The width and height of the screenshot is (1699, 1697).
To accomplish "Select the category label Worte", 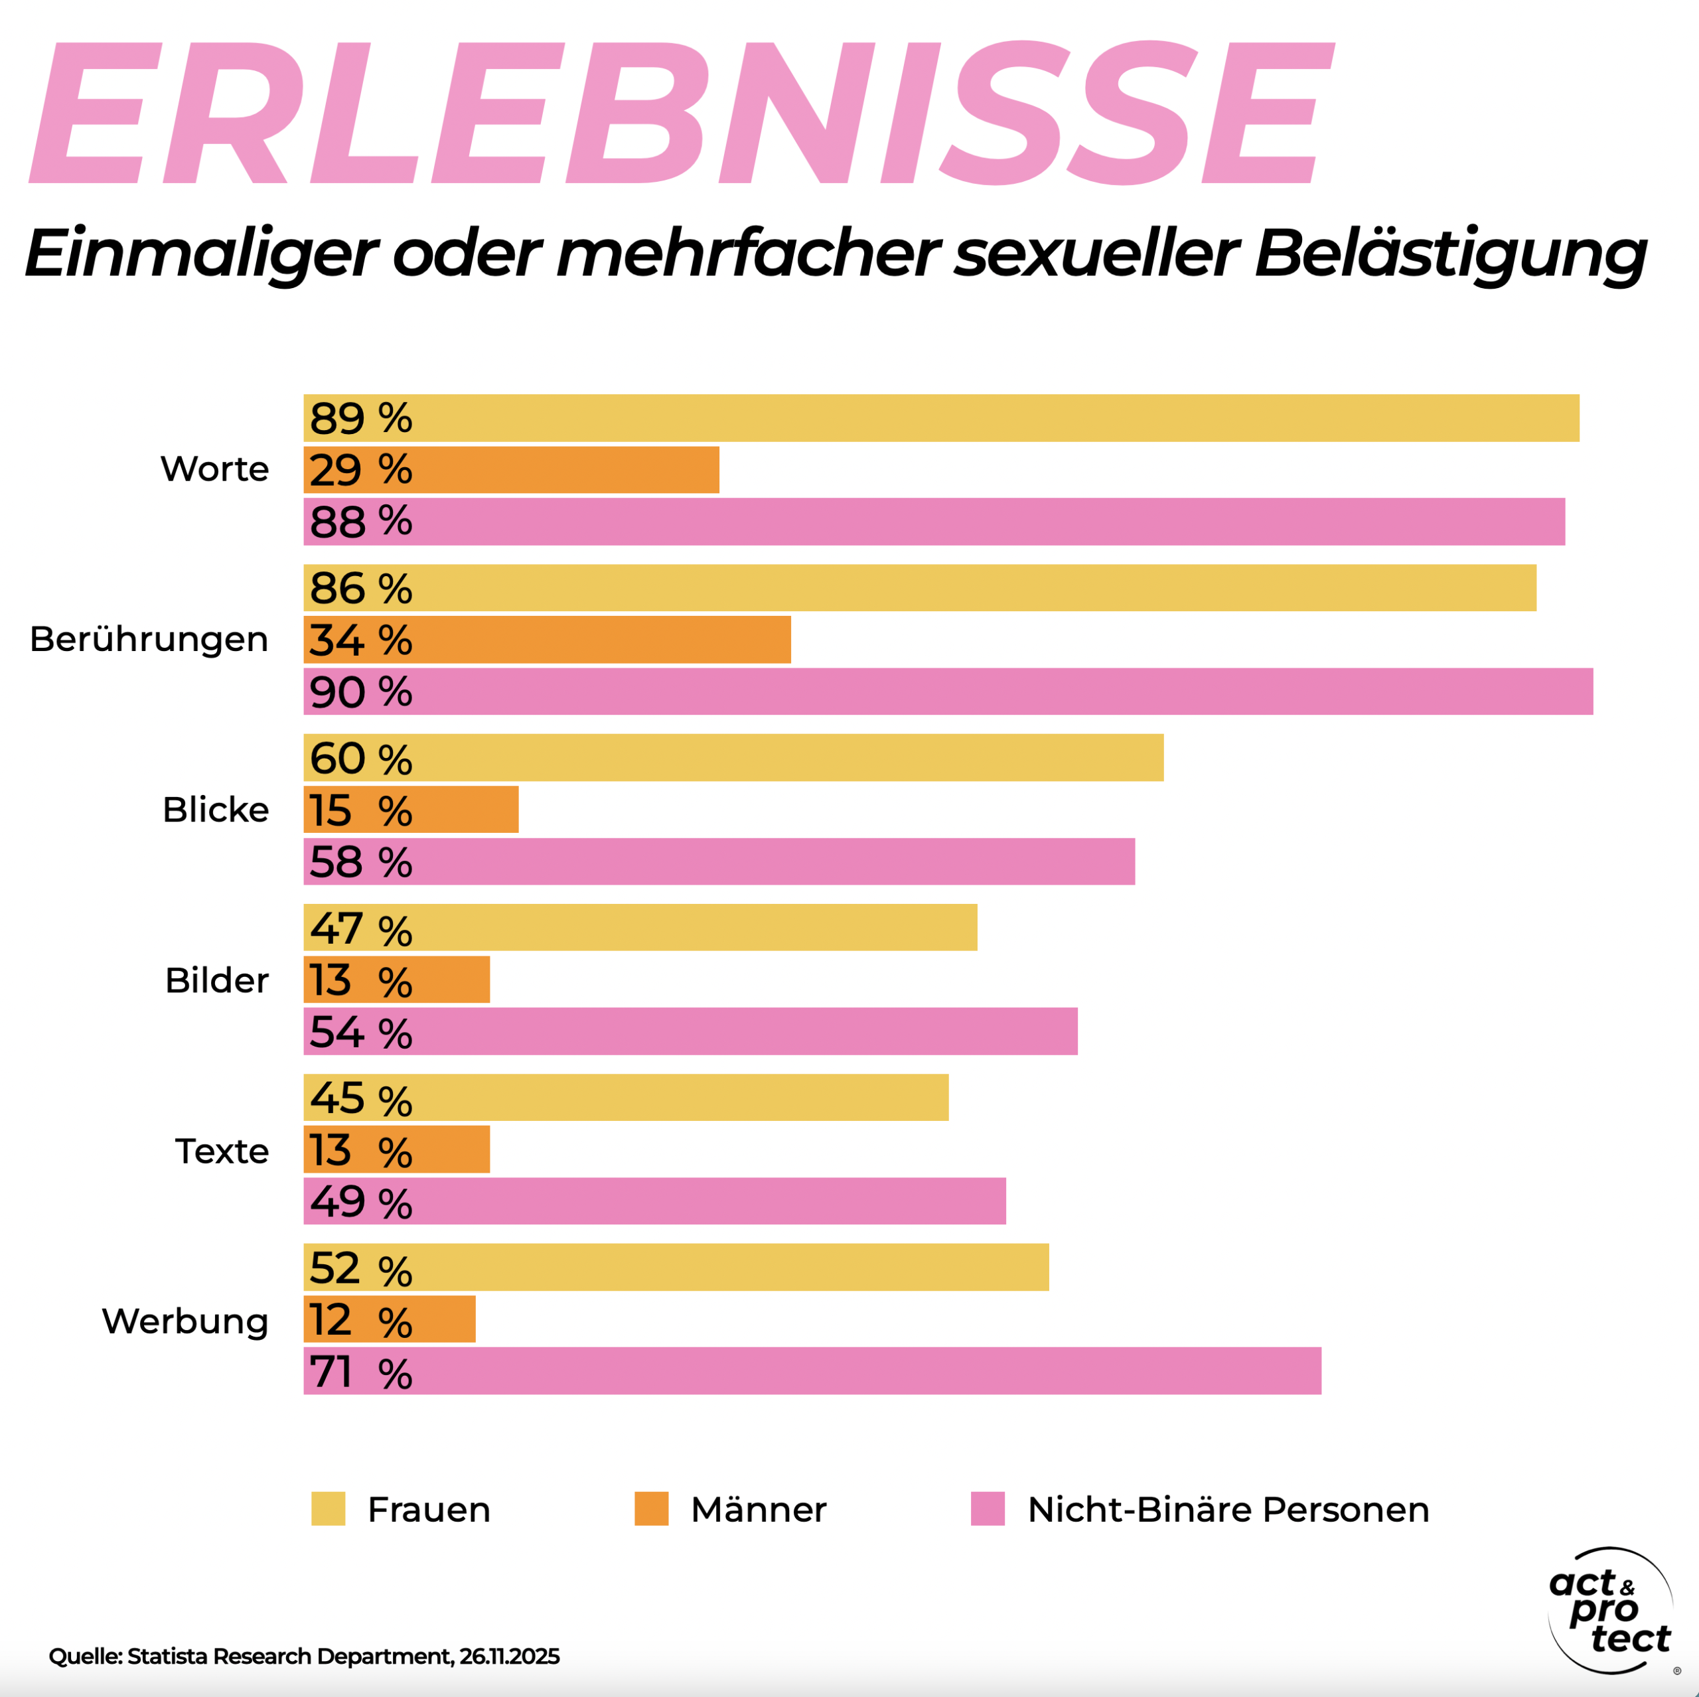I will click(x=214, y=469).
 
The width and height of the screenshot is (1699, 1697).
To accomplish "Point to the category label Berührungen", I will click(x=149, y=639).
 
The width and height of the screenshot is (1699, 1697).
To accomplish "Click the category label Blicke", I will click(x=216, y=810).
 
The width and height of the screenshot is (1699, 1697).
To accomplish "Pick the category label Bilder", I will click(x=216, y=980).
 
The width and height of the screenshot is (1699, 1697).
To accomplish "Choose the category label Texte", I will click(x=222, y=1151).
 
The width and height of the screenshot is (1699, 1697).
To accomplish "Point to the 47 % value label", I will click(x=360, y=928).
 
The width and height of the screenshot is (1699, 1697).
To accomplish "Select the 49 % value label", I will click(x=360, y=1202).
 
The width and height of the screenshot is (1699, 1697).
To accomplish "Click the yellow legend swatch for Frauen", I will click(x=328, y=1509).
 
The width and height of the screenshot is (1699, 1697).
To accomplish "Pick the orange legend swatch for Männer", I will click(x=651, y=1509).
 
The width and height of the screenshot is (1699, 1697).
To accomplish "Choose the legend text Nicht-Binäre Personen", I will click(x=1228, y=1510).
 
